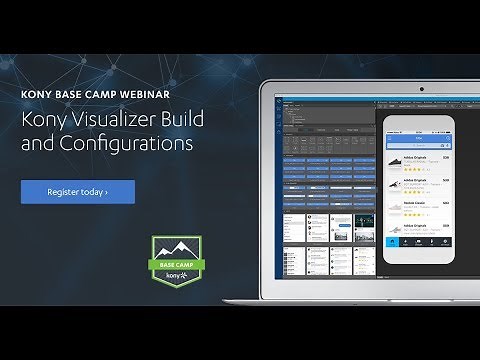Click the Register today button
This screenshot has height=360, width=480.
click(x=77, y=191)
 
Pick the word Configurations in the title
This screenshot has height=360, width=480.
click(x=123, y=144)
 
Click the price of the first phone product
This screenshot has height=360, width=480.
click(x=445, y=158)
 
